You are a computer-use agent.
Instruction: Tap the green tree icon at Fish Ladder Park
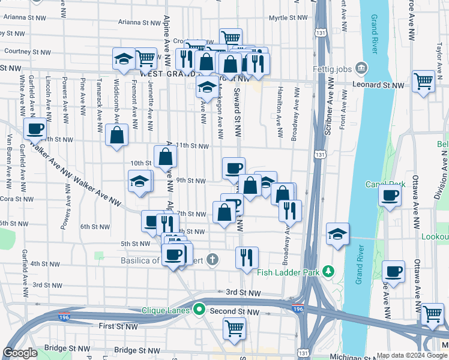tap(328, 272)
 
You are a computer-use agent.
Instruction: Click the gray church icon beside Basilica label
tap(212, 260)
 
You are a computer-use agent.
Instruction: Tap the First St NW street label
tap(118, 326)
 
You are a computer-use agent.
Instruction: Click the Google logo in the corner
tap(20, 353)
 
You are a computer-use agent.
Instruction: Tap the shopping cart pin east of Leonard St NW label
tap(424, 81)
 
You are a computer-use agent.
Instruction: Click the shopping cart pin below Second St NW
tap(234, 328)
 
